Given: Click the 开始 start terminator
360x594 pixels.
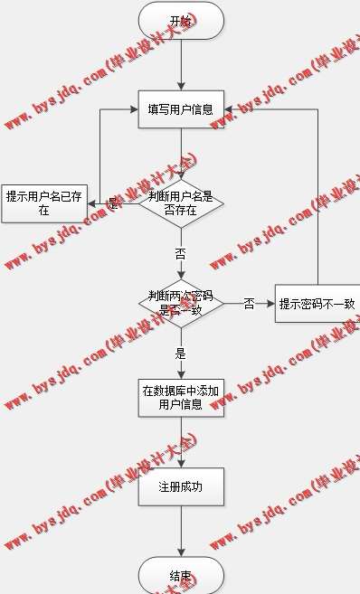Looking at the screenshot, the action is pos(181,21).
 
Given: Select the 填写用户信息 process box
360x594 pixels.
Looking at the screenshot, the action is pos(181,110).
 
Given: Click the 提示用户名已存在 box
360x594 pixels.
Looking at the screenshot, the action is pos(43,203).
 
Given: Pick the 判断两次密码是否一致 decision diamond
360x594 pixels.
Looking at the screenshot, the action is pos(181,303).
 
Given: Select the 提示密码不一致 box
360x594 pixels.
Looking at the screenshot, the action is pos(317,304).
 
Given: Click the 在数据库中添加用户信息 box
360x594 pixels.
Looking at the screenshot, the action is pos(181,398).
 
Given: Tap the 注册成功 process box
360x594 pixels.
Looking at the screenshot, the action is pos(181,487).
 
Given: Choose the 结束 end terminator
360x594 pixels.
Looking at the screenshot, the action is pos(181,576).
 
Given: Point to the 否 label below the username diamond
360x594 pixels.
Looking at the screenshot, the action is pos(181,254).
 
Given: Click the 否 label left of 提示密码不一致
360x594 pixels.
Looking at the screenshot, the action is pos(249,304).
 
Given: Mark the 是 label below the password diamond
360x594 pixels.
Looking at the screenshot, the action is pos(181,354).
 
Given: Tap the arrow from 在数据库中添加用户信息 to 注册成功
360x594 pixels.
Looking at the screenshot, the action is pos(181,443).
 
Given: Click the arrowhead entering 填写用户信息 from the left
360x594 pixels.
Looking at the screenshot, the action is pos(134,109).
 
